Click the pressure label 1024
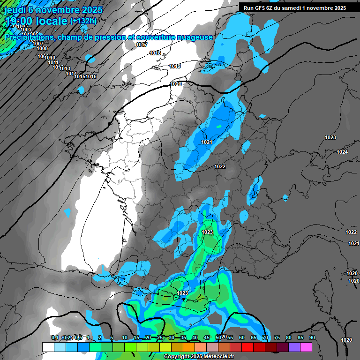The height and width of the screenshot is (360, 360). [x=342, y=152]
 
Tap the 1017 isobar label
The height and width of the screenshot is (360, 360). [x=142, y=45]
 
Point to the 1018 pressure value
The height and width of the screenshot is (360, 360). [x=155, y=53]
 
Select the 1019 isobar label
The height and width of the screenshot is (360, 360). [x=175, y=67]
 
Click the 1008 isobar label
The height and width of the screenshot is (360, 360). [x=42, y=48]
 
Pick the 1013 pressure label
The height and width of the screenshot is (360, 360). [x=65, y=68]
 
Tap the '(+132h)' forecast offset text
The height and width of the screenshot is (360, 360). [x=83, y=21]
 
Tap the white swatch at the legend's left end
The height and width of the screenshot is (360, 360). [x=48, y=347]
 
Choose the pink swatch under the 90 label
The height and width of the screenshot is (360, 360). [x=306, y=347]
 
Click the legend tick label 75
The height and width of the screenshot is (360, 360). [x=277, y=337]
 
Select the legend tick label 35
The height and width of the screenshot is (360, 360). [x=183, y=337]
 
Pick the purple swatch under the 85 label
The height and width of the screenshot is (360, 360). [x=294, y=347]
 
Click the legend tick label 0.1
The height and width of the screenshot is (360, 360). [x=55, y=337]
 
